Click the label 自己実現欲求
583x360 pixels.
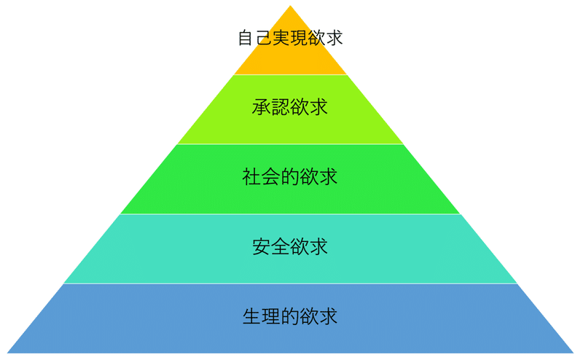(x=290, y=37)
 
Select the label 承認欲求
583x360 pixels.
(x=290, y=107)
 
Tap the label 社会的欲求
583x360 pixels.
(x=290, y=177)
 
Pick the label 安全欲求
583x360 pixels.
(x=290, y=247)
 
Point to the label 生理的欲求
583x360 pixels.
(x=290, y=317)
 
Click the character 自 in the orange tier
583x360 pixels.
(x=246, y=37)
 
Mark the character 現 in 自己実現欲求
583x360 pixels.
(x=299, y=37)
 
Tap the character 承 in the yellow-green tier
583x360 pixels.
(x=262, y=107)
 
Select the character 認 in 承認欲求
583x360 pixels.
(x=281, y=107)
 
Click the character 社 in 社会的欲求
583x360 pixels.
(x=252, y=177)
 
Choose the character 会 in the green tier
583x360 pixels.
(x=271, y=177)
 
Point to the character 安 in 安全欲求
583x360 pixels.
(x=262, y=247)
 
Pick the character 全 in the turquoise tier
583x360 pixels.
(x=281, y=247)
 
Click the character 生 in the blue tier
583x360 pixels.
(x=252, y=317)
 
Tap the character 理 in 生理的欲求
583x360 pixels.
(x=271, y=317)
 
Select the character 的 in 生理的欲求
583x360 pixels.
(x=290, y=317)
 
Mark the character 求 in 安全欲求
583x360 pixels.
(x=318, y=247)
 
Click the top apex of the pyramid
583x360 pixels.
(x=291, y=7)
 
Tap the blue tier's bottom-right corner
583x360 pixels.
(x=574, y=353)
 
